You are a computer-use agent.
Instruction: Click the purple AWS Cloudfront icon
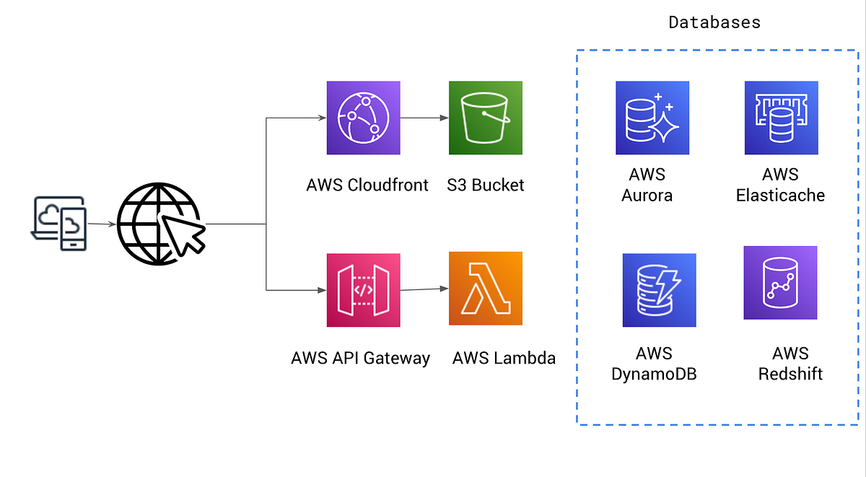click(x=363, y=118)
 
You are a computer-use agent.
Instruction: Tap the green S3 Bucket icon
click(x=485, y=118)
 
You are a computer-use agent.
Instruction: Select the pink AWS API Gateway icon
click(x=363, y=290)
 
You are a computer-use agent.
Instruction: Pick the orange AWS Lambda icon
click(x=485, y=289)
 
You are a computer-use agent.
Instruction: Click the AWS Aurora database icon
click(x=652, y=118)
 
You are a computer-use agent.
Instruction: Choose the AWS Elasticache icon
click(x=781, y=118)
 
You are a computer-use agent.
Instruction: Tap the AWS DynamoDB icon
click(x=659, y=290)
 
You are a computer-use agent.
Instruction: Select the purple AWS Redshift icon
click(x=780, y=283)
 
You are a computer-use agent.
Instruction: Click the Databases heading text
click(x=714, y=22)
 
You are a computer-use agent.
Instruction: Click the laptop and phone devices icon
click(x=58, y=224)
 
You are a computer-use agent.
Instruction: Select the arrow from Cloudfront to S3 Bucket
click(x=424, y=118)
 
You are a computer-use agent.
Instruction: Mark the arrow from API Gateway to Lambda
click(x=424, y=289)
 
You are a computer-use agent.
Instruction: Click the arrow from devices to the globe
click(x=101, y=224)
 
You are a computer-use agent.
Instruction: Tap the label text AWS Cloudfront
click(x=367, y=185)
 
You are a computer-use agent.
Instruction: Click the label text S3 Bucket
click(x=486, y=185)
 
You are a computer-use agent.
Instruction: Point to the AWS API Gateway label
click(x=360, y=358)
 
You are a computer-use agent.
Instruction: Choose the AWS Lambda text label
click(x=504, y=358)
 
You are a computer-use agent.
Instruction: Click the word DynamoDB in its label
click(x=654, y=374)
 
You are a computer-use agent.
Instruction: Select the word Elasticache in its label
click(x=780, y=195)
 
